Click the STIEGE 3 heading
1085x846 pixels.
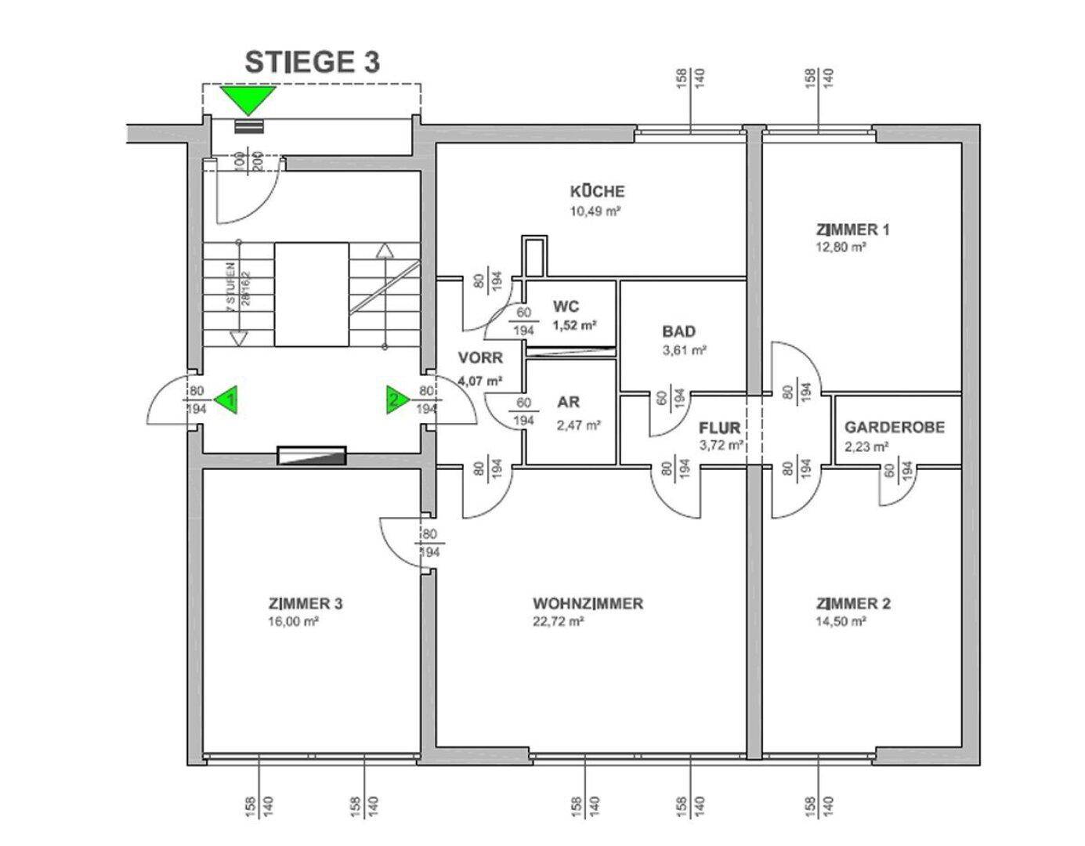click(312, 63)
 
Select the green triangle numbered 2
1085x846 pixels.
click(396, 399)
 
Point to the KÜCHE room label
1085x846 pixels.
click(597, 191)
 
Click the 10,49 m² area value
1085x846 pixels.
click(597, 211)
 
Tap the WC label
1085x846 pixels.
click(566, 306)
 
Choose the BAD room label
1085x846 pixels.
click(678, 331)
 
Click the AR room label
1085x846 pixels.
click(568, 403)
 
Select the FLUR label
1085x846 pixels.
click(719, 428)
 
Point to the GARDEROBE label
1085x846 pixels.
click(895, 428)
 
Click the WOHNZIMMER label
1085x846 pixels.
click(588, 604)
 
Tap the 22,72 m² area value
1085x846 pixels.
click(559, 622)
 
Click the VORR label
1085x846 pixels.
click(480, 358)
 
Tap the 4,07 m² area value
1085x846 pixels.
click(480, 381)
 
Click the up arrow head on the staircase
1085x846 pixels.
click(384, 251)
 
